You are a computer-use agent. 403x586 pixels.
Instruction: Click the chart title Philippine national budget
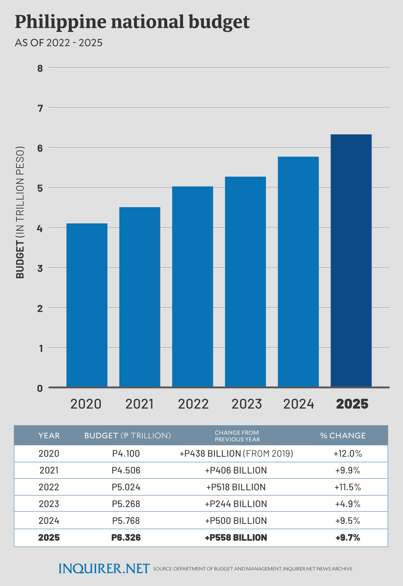pos(132,22)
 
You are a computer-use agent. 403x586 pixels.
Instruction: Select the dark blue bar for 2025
pos(351,260)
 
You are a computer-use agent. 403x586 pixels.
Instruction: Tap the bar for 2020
pos(87,305)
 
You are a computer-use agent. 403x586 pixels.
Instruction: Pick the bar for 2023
pos(245,281)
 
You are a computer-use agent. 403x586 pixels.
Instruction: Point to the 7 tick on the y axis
pos(41,108)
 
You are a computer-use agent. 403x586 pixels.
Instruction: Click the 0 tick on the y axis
pos(40,389)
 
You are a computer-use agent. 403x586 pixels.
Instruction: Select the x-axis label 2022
pos(193,404)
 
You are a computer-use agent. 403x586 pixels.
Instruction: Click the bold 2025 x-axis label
pos(352,404)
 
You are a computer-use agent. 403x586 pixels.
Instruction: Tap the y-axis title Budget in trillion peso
pos(20,212)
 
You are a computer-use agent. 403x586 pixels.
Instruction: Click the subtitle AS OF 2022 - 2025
pos(58,43)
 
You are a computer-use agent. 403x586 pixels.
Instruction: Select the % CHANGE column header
pos(343,436)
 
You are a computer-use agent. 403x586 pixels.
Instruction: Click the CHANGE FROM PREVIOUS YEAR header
pos(237,436)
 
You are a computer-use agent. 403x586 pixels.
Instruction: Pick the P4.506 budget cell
pos(126,470)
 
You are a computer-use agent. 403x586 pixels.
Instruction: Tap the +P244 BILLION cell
pos(236,504)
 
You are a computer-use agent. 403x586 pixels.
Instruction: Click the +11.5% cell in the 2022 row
pos(348,487)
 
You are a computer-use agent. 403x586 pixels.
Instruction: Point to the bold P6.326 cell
pos(126,538)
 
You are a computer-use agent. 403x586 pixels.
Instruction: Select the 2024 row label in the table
pos(49,521)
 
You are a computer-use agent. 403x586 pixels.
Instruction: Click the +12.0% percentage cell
pos(348,454)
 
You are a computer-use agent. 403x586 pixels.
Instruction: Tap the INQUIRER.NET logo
pos(104,569)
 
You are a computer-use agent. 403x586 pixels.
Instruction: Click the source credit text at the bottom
pos(253,569)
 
